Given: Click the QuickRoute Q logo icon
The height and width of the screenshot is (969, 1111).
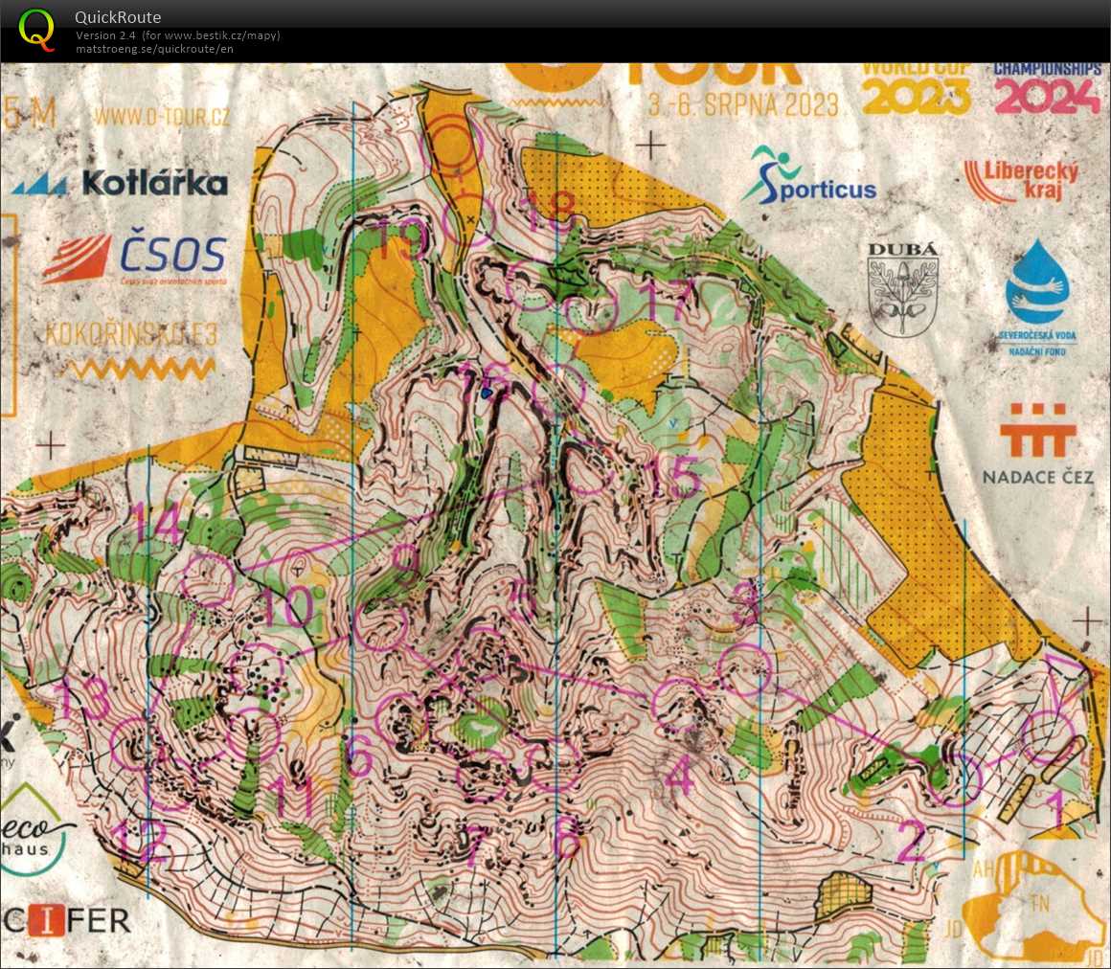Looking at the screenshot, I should point(36,28).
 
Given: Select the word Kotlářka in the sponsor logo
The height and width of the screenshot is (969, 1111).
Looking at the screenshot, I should point(154,183).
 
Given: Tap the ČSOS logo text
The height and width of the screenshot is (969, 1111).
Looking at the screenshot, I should point(172,255).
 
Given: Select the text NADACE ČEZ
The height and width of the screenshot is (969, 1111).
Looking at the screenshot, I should point(1037,477).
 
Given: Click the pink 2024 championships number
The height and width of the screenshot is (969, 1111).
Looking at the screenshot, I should point(1046,96).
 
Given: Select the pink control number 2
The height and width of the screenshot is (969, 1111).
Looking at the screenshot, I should point(911,843).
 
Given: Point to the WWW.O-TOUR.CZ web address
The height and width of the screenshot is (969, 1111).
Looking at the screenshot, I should point(162,117).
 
